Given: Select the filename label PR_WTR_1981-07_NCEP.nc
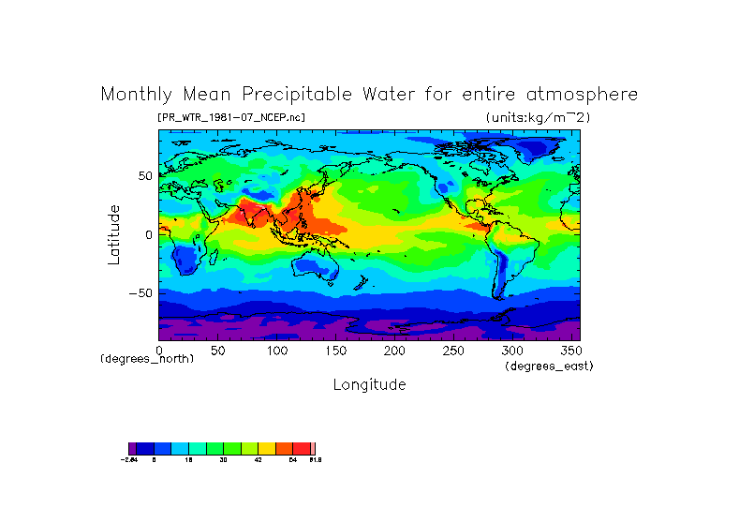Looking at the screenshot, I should (x=231, y=117).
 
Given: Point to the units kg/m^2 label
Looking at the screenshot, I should (x=538, y=117).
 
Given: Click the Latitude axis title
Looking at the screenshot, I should (x=114, y=234).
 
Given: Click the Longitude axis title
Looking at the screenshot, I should (x=369, y=384).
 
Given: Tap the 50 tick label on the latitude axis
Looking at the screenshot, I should (x=145, y=175).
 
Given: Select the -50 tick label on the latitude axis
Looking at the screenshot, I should (x=141, y=293).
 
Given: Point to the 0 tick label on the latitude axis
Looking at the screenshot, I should (x=149, y=234).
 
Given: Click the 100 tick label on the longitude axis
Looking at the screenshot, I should (x=276, y=351).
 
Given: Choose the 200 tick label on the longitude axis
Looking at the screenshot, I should (x=394, y=351).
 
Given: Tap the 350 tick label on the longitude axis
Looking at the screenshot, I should (x=570, y=351).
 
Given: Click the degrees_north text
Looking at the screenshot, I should (x=147, y=359).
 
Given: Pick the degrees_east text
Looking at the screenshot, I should (x=549, y=366).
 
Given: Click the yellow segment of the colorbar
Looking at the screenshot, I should (x=267, y=448).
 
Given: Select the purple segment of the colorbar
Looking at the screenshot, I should (x=132, y=448).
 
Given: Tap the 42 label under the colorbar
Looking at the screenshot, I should (x=259, y=460).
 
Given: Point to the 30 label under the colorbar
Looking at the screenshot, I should (x=223, y=460).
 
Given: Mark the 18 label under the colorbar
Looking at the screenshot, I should (x=188, y=460).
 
